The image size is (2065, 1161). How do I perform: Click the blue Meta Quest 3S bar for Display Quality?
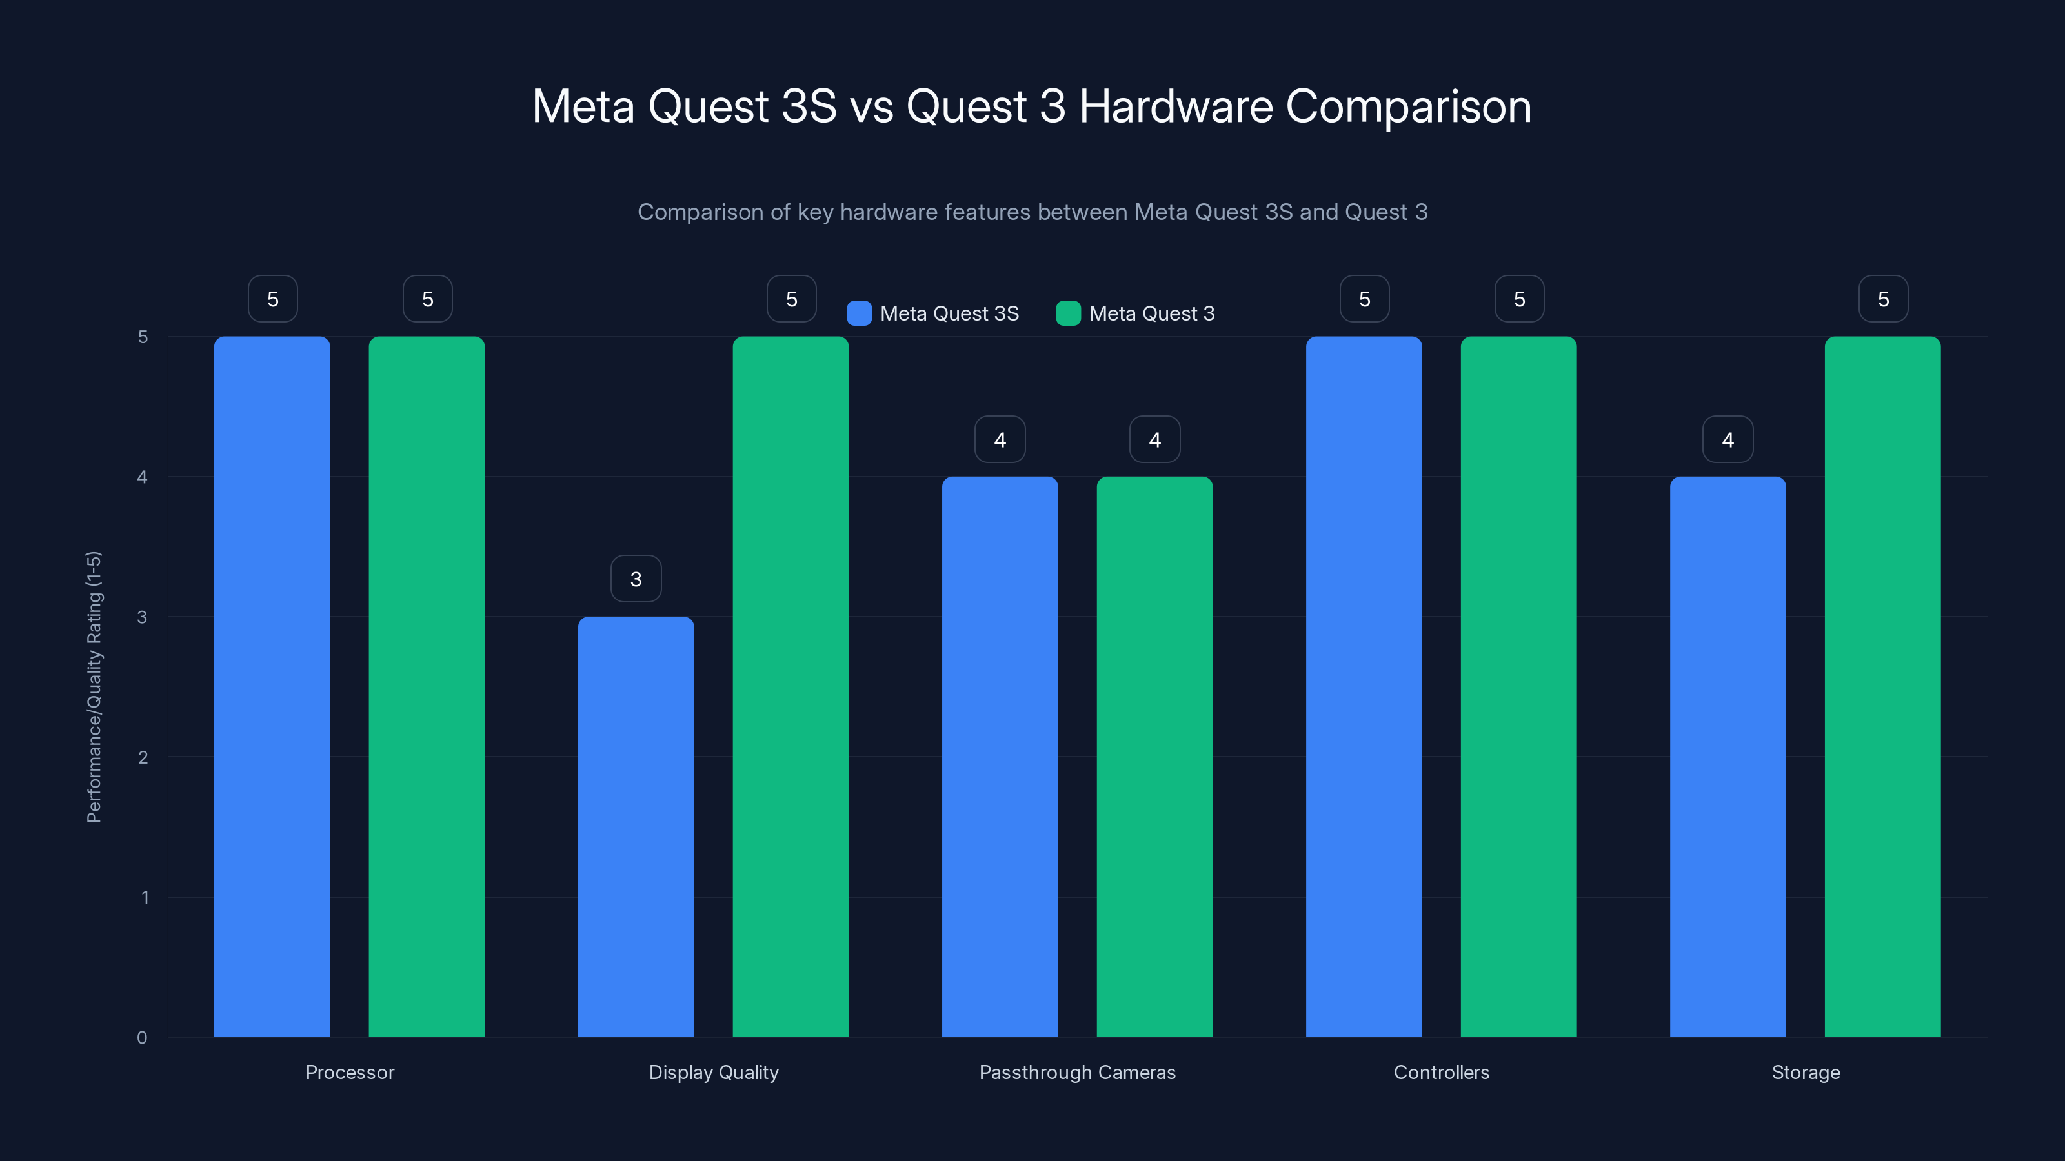[x=636, y=826]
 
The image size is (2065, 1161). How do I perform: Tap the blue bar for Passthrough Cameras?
[x=1000, y=757]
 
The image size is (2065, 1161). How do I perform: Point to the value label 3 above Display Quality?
[x=636, y=579]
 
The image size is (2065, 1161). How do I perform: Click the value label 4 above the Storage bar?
[x=1728, y=439]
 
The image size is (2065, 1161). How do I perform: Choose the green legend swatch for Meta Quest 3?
[x=1068, y=313]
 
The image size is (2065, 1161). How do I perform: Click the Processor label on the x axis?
[x=350, y=1072]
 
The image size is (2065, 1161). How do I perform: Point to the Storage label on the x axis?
[x=1806, y=1072]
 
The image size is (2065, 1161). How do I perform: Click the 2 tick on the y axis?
[x=143, y=757]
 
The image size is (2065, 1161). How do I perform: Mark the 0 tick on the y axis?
[x=142, y=1038]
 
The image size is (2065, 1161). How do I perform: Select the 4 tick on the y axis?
[x=142, y=477]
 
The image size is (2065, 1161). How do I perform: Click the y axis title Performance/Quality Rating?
[x=94, y=687]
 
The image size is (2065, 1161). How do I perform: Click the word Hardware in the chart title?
[x=1175, y=106]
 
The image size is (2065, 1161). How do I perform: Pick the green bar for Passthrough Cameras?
[x=1154, y=757]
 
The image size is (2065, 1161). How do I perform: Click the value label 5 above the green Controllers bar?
[x=1519, y=299]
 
